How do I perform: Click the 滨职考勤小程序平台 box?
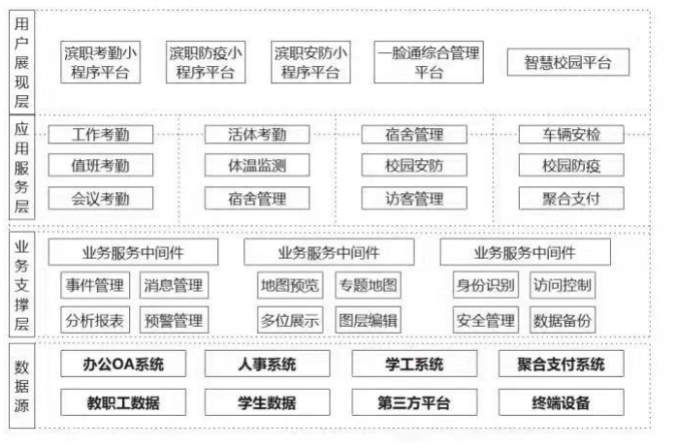point(100,62)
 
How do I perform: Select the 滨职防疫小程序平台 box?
point(206,62)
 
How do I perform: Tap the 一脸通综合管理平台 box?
point(429,62)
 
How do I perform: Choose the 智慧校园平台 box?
point(567,62)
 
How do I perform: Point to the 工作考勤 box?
point(100,135)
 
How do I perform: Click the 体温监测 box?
point(257,165)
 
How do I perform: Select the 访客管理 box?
point(414,199)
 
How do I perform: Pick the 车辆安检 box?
point(571,135)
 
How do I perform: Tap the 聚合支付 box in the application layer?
point(571,199)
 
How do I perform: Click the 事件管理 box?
point(95,285)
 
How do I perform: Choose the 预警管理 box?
point(174,320)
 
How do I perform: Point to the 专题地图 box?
point(368,285)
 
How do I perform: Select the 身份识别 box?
point(486,285)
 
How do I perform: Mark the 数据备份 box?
point(563,320)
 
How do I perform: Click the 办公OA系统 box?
point(123,364)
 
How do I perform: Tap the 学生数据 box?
point(267,402)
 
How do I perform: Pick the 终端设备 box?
point(562,402)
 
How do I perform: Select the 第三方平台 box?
point(414,402)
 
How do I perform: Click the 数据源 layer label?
point(21,386)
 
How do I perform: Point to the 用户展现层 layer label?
point(21,62)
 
